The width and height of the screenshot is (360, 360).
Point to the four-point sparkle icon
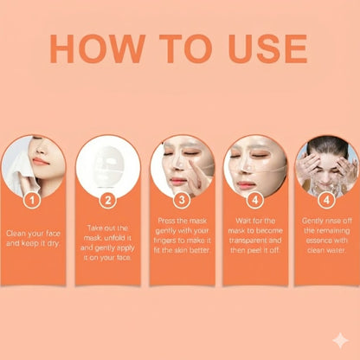click(x=341, y=340)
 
